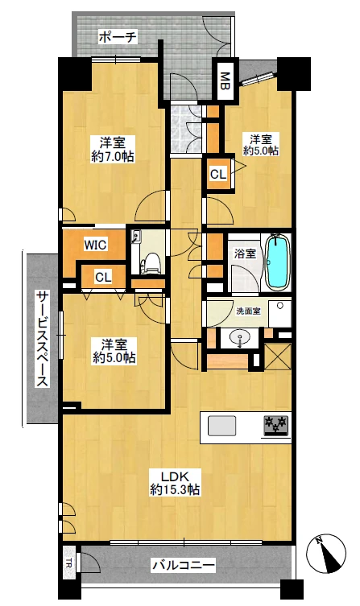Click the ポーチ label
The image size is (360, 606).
pos(118,38)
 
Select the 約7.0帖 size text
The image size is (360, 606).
pos(113,156)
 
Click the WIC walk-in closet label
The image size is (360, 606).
pos(95,245)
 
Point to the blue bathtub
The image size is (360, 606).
pos(277,262)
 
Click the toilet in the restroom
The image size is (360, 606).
pos(151,263)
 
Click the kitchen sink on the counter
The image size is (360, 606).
pos(221,426)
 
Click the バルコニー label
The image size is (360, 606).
pos(183,567)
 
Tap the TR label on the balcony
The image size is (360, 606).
pos(68,562)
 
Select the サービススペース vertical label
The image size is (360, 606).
pos(42,340)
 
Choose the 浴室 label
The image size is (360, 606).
pos(245,254)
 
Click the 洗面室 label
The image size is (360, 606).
pos(248,311)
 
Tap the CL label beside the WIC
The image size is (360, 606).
pos(103,277)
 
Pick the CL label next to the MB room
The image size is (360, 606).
pos(218,175)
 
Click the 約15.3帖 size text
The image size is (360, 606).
pos(175,490)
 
